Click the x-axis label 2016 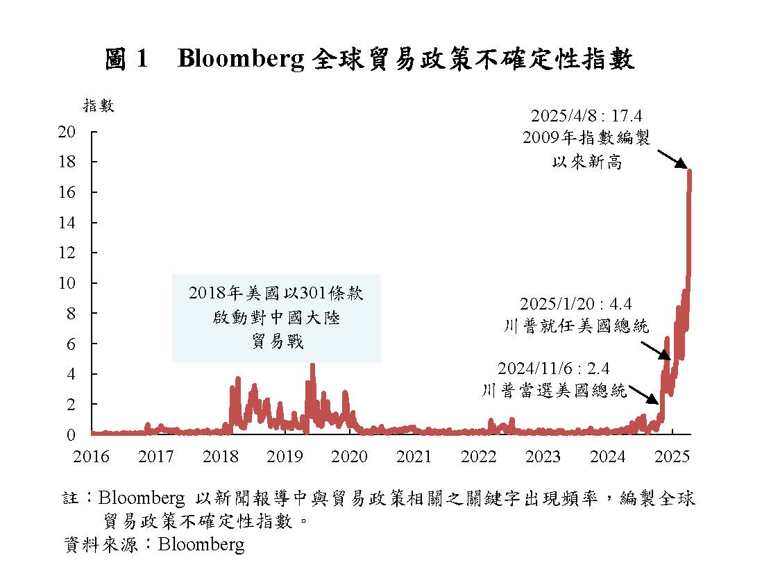point(92,457)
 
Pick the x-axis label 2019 point(285,457)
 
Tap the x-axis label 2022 point(479,457)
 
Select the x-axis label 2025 point(672,457)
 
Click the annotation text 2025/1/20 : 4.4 point(576,303)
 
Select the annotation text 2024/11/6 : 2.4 point(553,369)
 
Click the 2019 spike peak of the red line point(312,365)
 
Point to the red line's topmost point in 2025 point(689,171)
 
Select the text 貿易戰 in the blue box point(277,341)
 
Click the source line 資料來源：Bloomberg point(154,544)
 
